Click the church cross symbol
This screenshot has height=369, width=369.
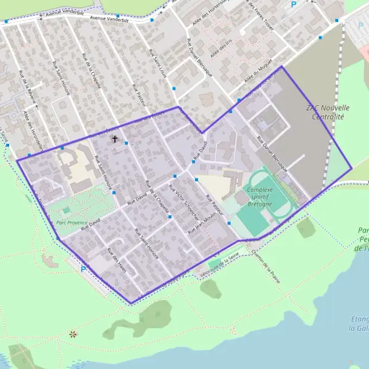[x=114, y=140]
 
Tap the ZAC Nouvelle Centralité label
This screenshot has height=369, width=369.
[x=325, y=111]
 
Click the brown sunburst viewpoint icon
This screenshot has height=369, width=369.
[x=73, y=334]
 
